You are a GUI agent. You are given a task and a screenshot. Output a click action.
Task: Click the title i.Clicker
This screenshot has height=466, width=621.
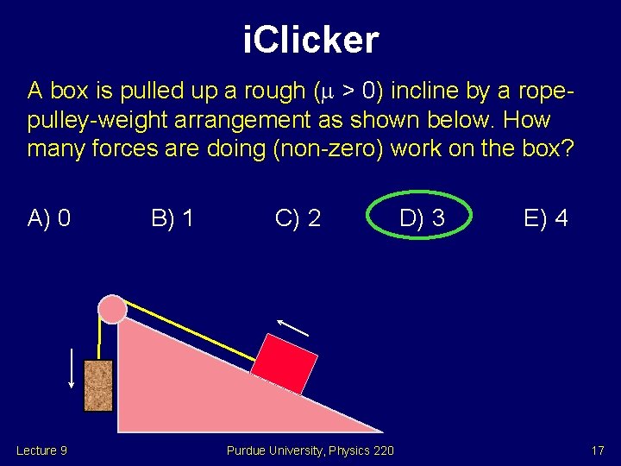coord(310,41)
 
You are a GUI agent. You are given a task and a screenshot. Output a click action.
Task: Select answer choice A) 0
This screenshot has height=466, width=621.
coord(49,218)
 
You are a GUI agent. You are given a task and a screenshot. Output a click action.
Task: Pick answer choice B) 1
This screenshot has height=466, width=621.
coord(172,218)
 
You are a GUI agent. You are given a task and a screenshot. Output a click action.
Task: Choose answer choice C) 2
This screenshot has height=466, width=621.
coord(298,218)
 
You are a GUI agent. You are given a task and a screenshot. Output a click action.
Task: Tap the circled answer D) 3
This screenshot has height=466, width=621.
coord(421,218)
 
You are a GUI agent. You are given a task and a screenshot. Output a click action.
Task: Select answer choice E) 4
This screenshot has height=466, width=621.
coord(545,218)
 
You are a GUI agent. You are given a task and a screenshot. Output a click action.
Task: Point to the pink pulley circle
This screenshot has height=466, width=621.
coord(112,308)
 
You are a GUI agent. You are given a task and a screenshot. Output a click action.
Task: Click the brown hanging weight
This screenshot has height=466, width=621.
coord(98,385)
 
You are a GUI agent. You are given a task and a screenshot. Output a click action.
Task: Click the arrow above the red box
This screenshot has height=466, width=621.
coord(292,327)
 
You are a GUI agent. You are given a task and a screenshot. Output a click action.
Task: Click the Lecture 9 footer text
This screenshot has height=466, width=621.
coord(41,450)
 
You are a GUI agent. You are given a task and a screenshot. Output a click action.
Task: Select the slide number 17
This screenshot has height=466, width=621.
coord(597,450)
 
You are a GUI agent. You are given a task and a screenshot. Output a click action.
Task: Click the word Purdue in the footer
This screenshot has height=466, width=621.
coord(246,450)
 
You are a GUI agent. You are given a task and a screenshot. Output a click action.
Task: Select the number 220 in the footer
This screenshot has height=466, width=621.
coord(383,450)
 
